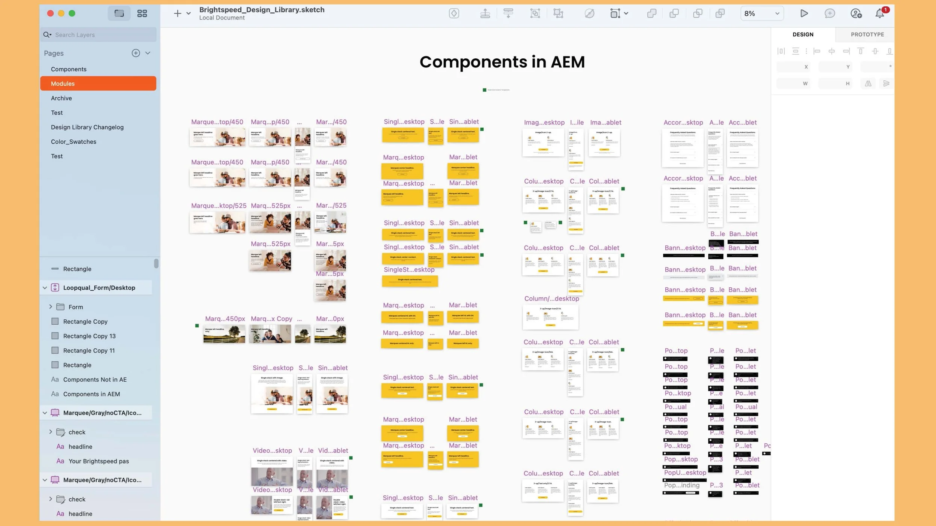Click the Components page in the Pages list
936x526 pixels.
(69, 69)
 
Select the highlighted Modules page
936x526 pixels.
(63, 83)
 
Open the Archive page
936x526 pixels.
(61, 98)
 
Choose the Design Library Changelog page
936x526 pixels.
(87, 127)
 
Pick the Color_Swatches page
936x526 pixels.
(73, 142)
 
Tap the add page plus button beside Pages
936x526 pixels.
(136, 53)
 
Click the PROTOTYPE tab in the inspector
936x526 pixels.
(867, 34)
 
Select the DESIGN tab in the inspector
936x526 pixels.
(803, 34)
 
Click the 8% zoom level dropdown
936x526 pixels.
(762, 13)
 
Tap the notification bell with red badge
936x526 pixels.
(879, 13)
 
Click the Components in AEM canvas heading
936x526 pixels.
(502, 62)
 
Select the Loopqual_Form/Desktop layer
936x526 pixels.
(99, 288)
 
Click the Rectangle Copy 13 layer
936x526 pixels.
(89, 336)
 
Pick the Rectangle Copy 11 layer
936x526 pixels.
(89, 351)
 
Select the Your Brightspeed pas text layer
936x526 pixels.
(98, 461)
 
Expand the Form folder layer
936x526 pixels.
(51, 307)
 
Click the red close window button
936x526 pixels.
(50, 13)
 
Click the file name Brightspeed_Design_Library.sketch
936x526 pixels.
(262, 10)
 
